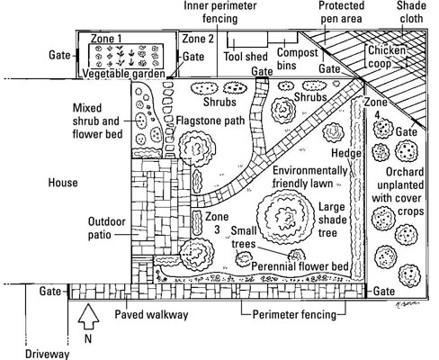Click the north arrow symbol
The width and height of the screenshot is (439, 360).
[x=88, y=318]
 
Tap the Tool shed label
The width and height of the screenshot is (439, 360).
[x=246, y=57]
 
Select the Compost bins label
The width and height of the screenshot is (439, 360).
[x=297, y=58]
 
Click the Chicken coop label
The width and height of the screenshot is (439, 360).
[x=387, y=57]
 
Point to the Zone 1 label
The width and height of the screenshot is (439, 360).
[x=106, y=39]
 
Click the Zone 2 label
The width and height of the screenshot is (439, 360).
[x=198, y=39]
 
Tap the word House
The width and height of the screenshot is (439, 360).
[x=63, y=183]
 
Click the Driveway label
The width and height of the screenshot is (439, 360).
[x=47, y=354]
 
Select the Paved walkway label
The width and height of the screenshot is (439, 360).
[x=152, y=315]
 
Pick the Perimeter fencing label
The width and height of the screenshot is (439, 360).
[x=294, y=315]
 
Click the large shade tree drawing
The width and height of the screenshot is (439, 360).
[x=285, y=216]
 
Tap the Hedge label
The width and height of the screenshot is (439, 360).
[x=346, y=153]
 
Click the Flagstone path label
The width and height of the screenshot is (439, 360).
[x=211, y=121]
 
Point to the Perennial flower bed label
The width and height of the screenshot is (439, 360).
[x=300, y=266]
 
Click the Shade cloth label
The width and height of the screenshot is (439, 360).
[x=411, y=12]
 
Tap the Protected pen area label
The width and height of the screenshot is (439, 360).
[x=342, y=12]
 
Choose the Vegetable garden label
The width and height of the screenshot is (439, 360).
[x=123, y=74]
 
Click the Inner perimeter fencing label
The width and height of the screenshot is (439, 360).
[x=220, y=12]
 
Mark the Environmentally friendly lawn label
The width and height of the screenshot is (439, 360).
[x=309, y=177]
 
